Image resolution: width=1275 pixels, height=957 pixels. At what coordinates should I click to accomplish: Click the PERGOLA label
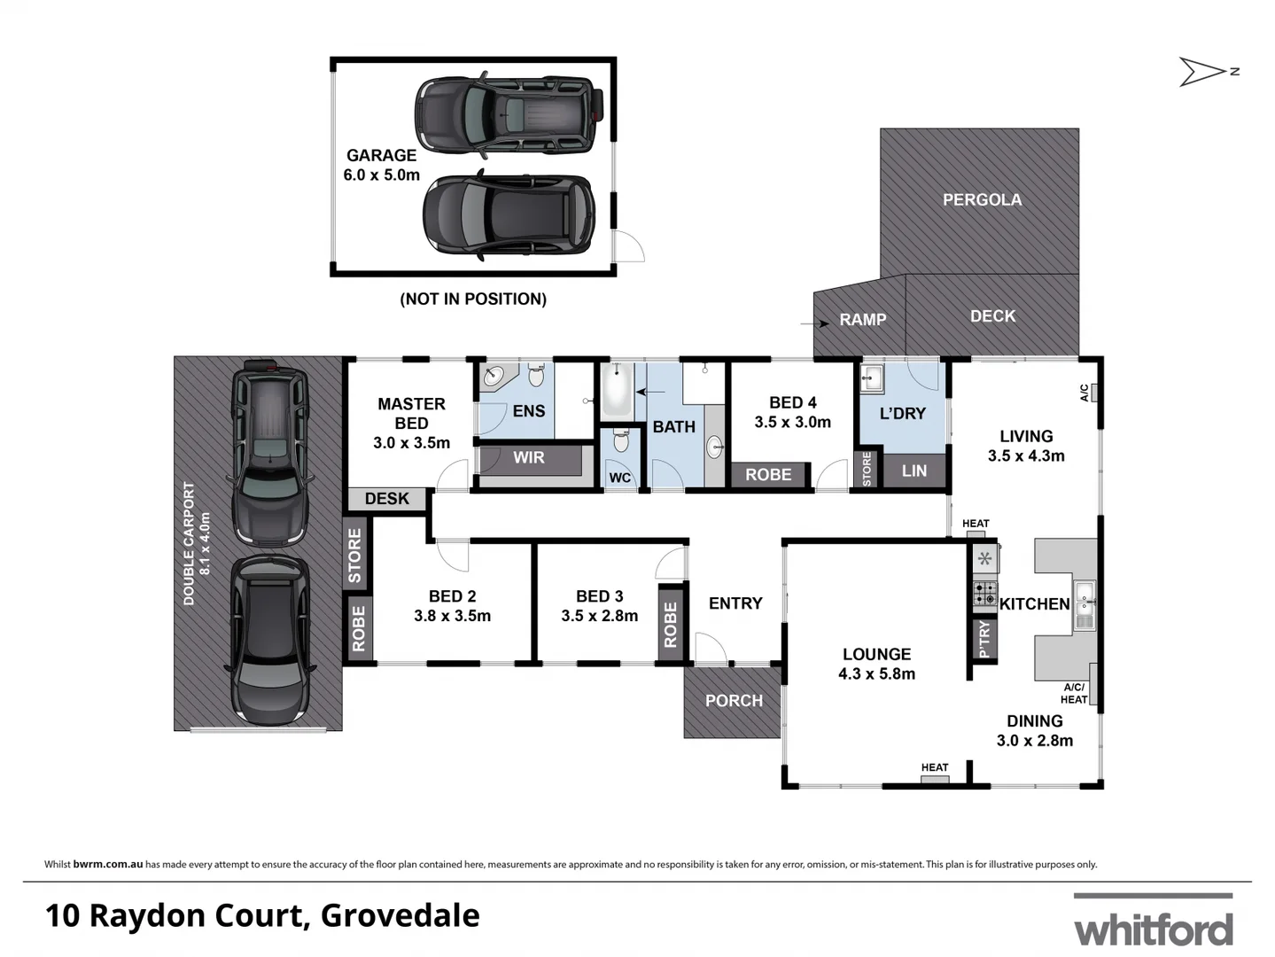pos(982,200)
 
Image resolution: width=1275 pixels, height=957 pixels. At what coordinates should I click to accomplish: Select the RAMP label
pos(862,320)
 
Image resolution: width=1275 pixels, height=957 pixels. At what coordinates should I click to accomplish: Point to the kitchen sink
pos(1085,604)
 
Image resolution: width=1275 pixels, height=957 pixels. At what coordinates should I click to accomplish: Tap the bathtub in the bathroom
pos(617,391)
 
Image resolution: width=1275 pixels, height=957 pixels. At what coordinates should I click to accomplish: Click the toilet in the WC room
pos(620,440)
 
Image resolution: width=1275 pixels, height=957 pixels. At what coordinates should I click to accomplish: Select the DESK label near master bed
pos(387,499)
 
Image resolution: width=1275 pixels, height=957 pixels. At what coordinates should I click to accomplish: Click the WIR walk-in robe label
pos(529,458)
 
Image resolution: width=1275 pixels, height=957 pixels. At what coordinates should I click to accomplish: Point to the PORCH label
pos(734,701)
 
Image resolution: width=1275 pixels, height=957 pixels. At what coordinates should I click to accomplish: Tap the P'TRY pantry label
pos(983,639)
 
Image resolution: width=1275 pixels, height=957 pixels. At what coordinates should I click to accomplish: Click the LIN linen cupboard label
pos(913,471)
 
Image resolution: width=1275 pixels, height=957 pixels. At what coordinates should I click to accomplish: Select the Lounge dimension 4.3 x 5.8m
pos(876,674)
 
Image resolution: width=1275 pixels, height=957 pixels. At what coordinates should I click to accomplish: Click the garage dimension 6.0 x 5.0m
pos(381,175)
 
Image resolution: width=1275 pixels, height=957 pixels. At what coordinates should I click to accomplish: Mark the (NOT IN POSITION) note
pos(473,300)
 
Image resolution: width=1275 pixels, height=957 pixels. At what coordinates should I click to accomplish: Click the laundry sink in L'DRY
pos(871,378)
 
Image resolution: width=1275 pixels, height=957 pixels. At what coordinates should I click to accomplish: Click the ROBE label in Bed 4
pos(768,475)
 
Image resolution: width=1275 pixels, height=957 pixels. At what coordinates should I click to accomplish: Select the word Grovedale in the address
pos(400,915)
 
